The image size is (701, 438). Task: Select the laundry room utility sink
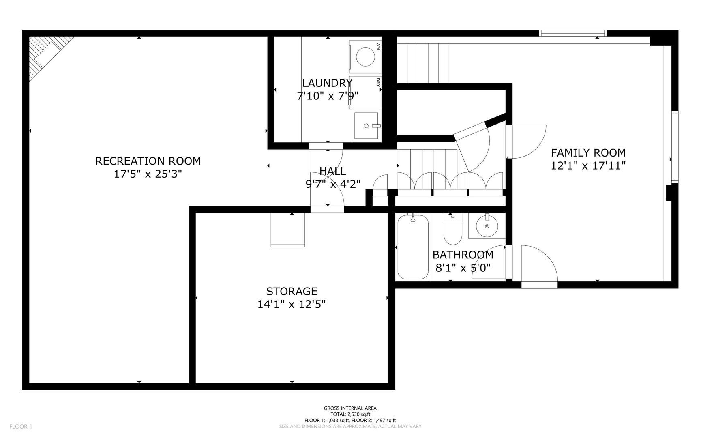pyautogui.click(x=367, y=126)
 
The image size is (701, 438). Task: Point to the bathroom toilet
pyautogui.click(x=453, y=230)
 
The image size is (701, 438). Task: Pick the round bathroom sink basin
pyautogui.click(x=486, y=225)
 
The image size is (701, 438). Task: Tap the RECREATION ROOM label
pyautogui.click(x=148, y=161)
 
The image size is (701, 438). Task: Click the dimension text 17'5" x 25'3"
pyautogui.click(x=148, y=174)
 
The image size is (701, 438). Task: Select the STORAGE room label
pyautogui.click(x=292, y=291)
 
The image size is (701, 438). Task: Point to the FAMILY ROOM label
pyautogui.click(x=588, y=153)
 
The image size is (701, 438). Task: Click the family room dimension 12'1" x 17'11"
pyautogui.click(x=588, y=165)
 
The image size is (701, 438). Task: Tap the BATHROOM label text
pyautogui.click(x=463, y=255)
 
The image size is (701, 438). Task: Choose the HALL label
pyautogui.click(x=332, y=171)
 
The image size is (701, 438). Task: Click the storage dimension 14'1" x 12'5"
pyautogui.click(x=292, y=304)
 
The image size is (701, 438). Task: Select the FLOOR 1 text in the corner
pyautogui.click(x=21, y=426)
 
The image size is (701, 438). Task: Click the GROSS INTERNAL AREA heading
pyautogui.click(x=350, y=408)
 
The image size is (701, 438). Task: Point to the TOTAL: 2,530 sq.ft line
pyautogui.click(x=350, y=414)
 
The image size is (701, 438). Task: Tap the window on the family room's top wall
pyautogui.click(x=572, y=33)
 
